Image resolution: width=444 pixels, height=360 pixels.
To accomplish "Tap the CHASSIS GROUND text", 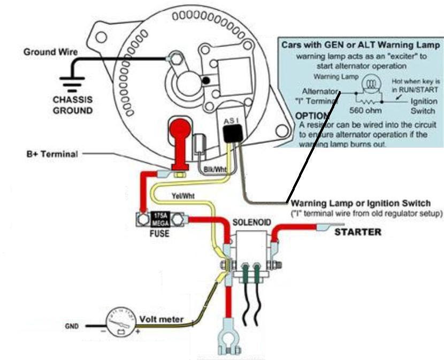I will pyautogui.click(x=73, y=105).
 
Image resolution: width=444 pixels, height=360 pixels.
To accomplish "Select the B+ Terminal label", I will pyautogui.click(x=52, y=154).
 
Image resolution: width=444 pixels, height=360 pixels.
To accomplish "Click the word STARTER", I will pyautogui.click(x=358, y=232).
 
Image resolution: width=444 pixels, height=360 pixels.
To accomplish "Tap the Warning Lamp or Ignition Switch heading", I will pyautogui.click(x=360, y=203).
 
